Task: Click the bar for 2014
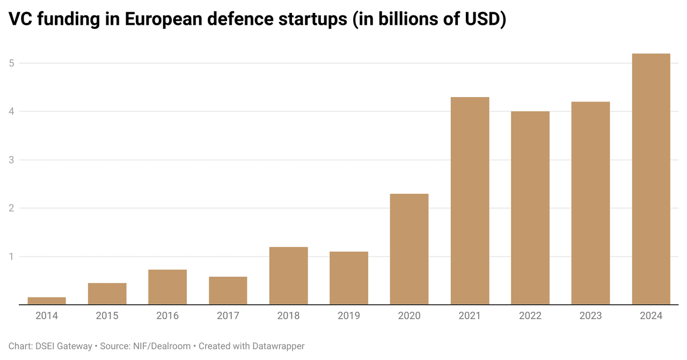[47, 301]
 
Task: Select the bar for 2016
[167, 287]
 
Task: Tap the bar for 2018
[288, 276]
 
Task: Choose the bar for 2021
[470, 201]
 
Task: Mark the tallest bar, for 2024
[651, 179]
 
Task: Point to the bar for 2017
[228, 291]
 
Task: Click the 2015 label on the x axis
[107, 315]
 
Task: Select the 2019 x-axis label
[349, 315]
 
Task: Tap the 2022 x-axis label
[530, 315]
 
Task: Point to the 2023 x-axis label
[590, 315]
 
